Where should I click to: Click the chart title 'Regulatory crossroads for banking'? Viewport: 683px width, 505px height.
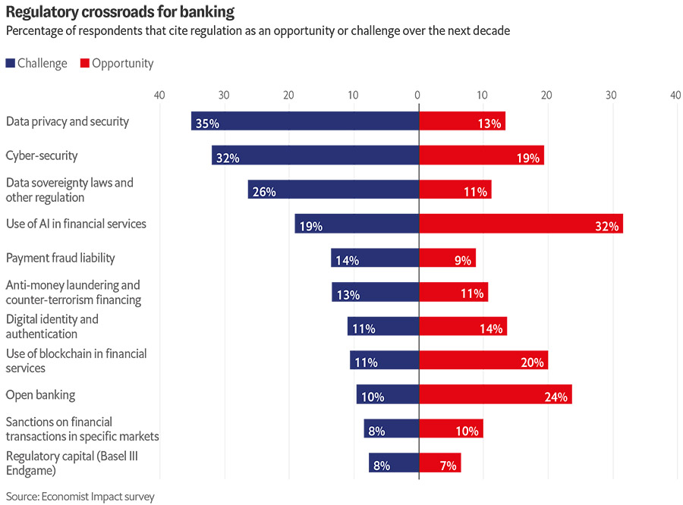(x=120, y=12)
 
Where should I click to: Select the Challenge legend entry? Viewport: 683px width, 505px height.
(x=36, y=64)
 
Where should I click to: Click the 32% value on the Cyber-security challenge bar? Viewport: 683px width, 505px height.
(x=228, y=158)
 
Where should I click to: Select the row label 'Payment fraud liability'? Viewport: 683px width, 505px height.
(x=61, y=258)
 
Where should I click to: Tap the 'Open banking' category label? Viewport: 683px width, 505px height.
(x=40, y=394)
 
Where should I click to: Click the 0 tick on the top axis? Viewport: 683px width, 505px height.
(x=417, y=96)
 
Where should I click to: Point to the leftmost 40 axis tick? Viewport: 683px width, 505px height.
(x=159, y=96)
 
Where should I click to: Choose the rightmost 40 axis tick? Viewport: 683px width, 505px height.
(x=675, y=96)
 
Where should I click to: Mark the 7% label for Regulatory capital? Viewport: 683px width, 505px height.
(x=448, y=466)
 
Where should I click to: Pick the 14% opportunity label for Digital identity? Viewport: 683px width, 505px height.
(x=491, y=329)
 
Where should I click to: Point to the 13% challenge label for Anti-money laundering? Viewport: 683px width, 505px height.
(x=348, y=295)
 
